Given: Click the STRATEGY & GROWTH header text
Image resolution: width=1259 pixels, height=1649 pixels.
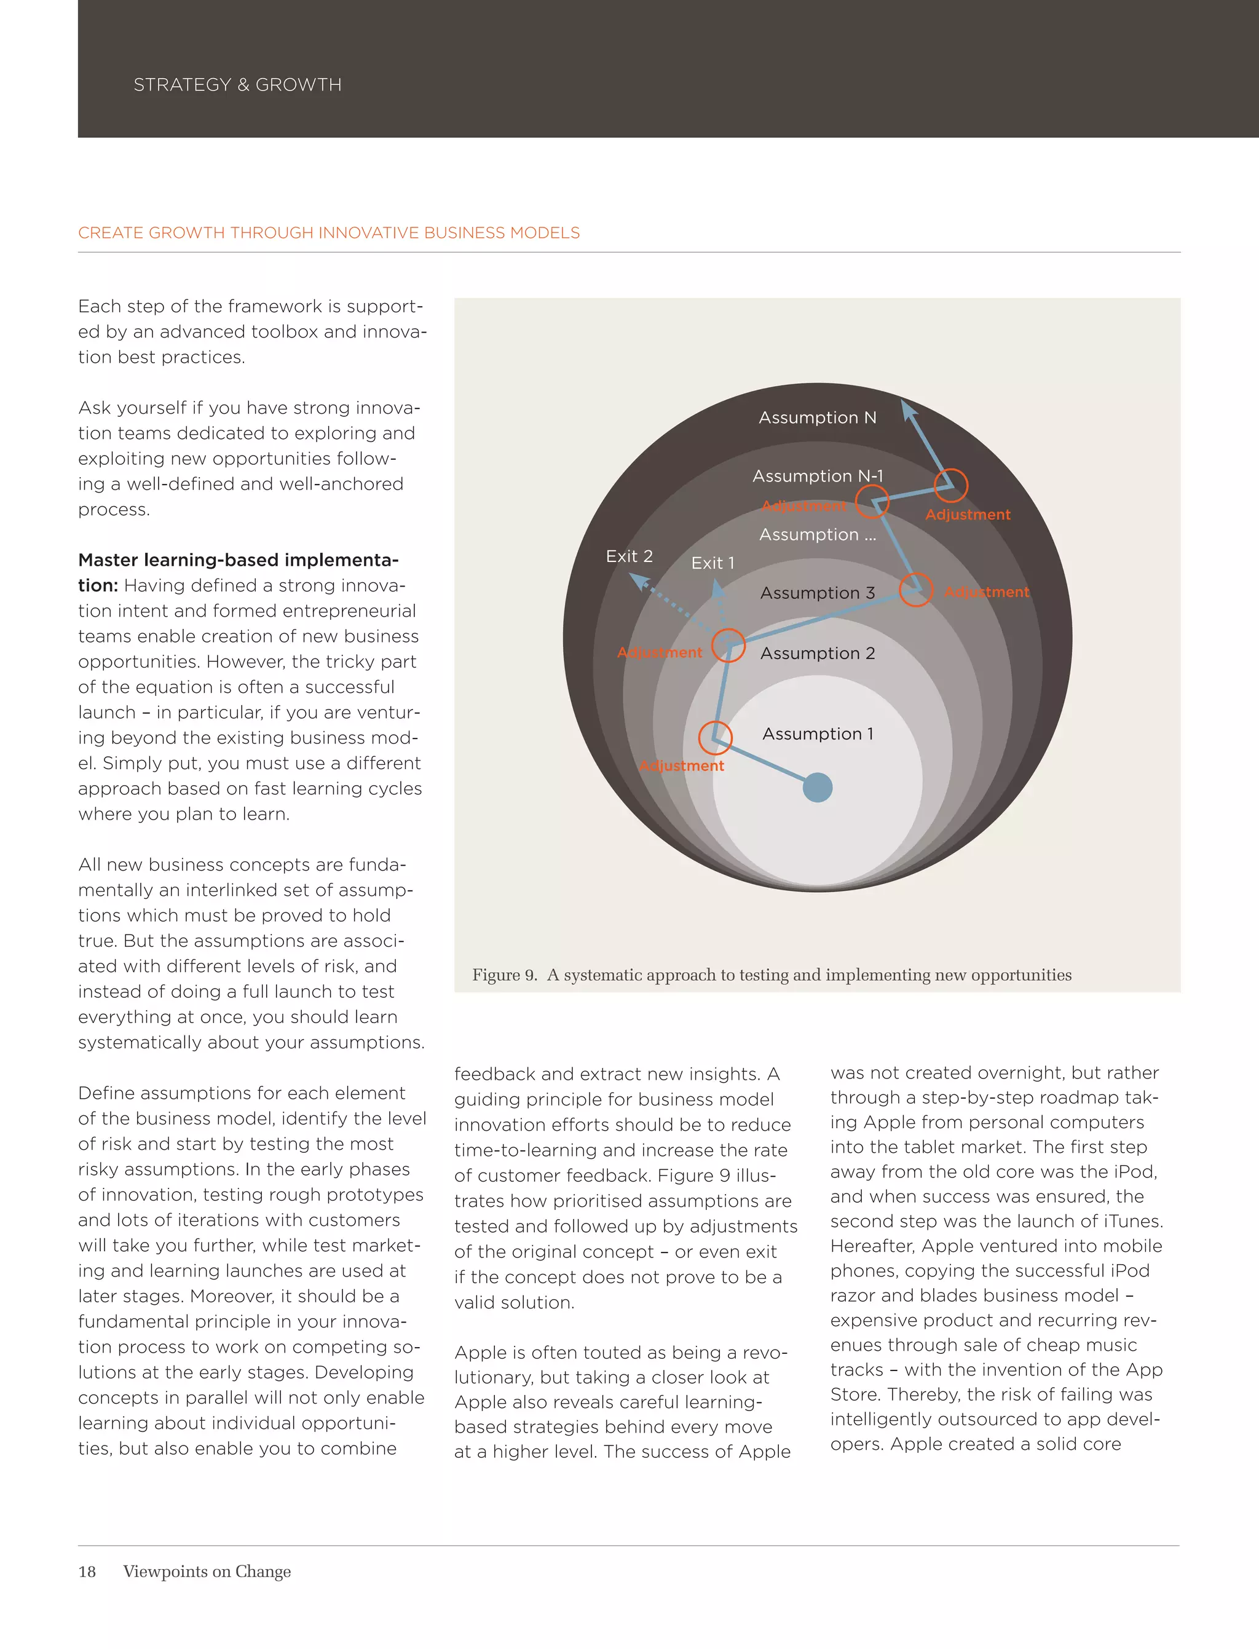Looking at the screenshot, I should pos(237,85).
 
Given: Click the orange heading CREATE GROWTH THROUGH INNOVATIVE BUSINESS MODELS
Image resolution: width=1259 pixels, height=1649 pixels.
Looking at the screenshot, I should pos(328,233).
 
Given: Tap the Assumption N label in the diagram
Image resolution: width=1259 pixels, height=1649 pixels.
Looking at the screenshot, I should pos(817,417).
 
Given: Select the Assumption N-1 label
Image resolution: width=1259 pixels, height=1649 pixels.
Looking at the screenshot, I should pos(817,476).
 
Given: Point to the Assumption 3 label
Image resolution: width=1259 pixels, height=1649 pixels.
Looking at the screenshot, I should pos(817,593).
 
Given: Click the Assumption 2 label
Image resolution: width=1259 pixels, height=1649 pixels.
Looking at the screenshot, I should pos(817,654).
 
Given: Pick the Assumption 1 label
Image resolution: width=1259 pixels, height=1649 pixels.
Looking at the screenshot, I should pos(817,734).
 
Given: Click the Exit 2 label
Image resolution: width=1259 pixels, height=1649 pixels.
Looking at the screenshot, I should pos(629,556).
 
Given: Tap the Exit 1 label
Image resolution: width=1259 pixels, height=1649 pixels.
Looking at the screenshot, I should pos(712,563).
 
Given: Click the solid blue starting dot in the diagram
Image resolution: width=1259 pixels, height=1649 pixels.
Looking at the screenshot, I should pos(817,787).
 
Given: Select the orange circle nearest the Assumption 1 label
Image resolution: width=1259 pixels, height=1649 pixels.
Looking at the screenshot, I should pos(715,738).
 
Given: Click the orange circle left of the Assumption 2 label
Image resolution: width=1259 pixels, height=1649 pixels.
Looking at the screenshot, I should pos(728,646).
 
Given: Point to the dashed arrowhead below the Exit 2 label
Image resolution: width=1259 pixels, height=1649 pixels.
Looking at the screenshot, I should pos(639,581).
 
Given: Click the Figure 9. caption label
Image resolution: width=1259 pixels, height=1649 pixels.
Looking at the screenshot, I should pos(504,975).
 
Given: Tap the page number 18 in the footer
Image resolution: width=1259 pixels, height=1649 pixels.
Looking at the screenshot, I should pos(87,1572).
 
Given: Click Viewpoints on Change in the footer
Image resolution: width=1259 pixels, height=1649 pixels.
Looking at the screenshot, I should pos(207,1572).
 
